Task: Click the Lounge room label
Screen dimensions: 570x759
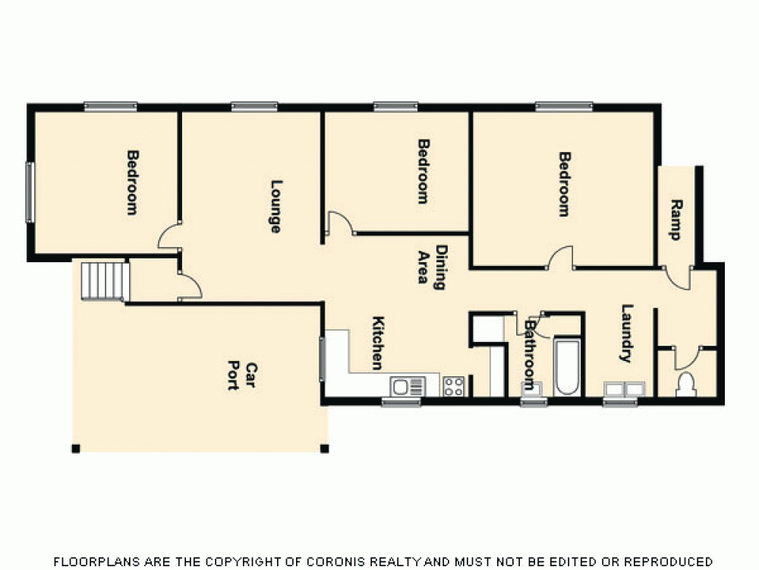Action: pos(276,206)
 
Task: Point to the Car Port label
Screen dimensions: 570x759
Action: pos(242,375)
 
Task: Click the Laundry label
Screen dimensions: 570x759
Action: pos(626,333)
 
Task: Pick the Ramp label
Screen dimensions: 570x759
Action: pos(676,220)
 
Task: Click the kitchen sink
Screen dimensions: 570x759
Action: pos(408,387)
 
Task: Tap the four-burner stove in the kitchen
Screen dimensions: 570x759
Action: pos(454,386)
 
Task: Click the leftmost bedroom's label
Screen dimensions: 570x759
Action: pos(132,182)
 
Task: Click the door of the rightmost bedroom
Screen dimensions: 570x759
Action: pos(561,258)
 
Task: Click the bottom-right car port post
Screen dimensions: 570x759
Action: pos(325,448)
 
